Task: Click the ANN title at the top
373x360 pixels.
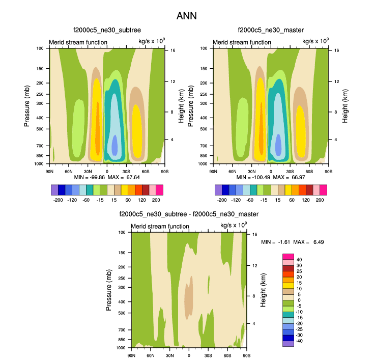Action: click(186, 16)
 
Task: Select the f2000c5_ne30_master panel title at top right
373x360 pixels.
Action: click(270, 31)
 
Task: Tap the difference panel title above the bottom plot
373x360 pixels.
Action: click(189, 214)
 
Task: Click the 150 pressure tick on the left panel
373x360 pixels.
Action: click(40, 69)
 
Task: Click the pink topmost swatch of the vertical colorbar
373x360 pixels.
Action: click(288, 257)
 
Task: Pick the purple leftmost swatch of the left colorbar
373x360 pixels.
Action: click(54, 190)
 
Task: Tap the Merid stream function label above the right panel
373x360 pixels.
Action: click(242, 42)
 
